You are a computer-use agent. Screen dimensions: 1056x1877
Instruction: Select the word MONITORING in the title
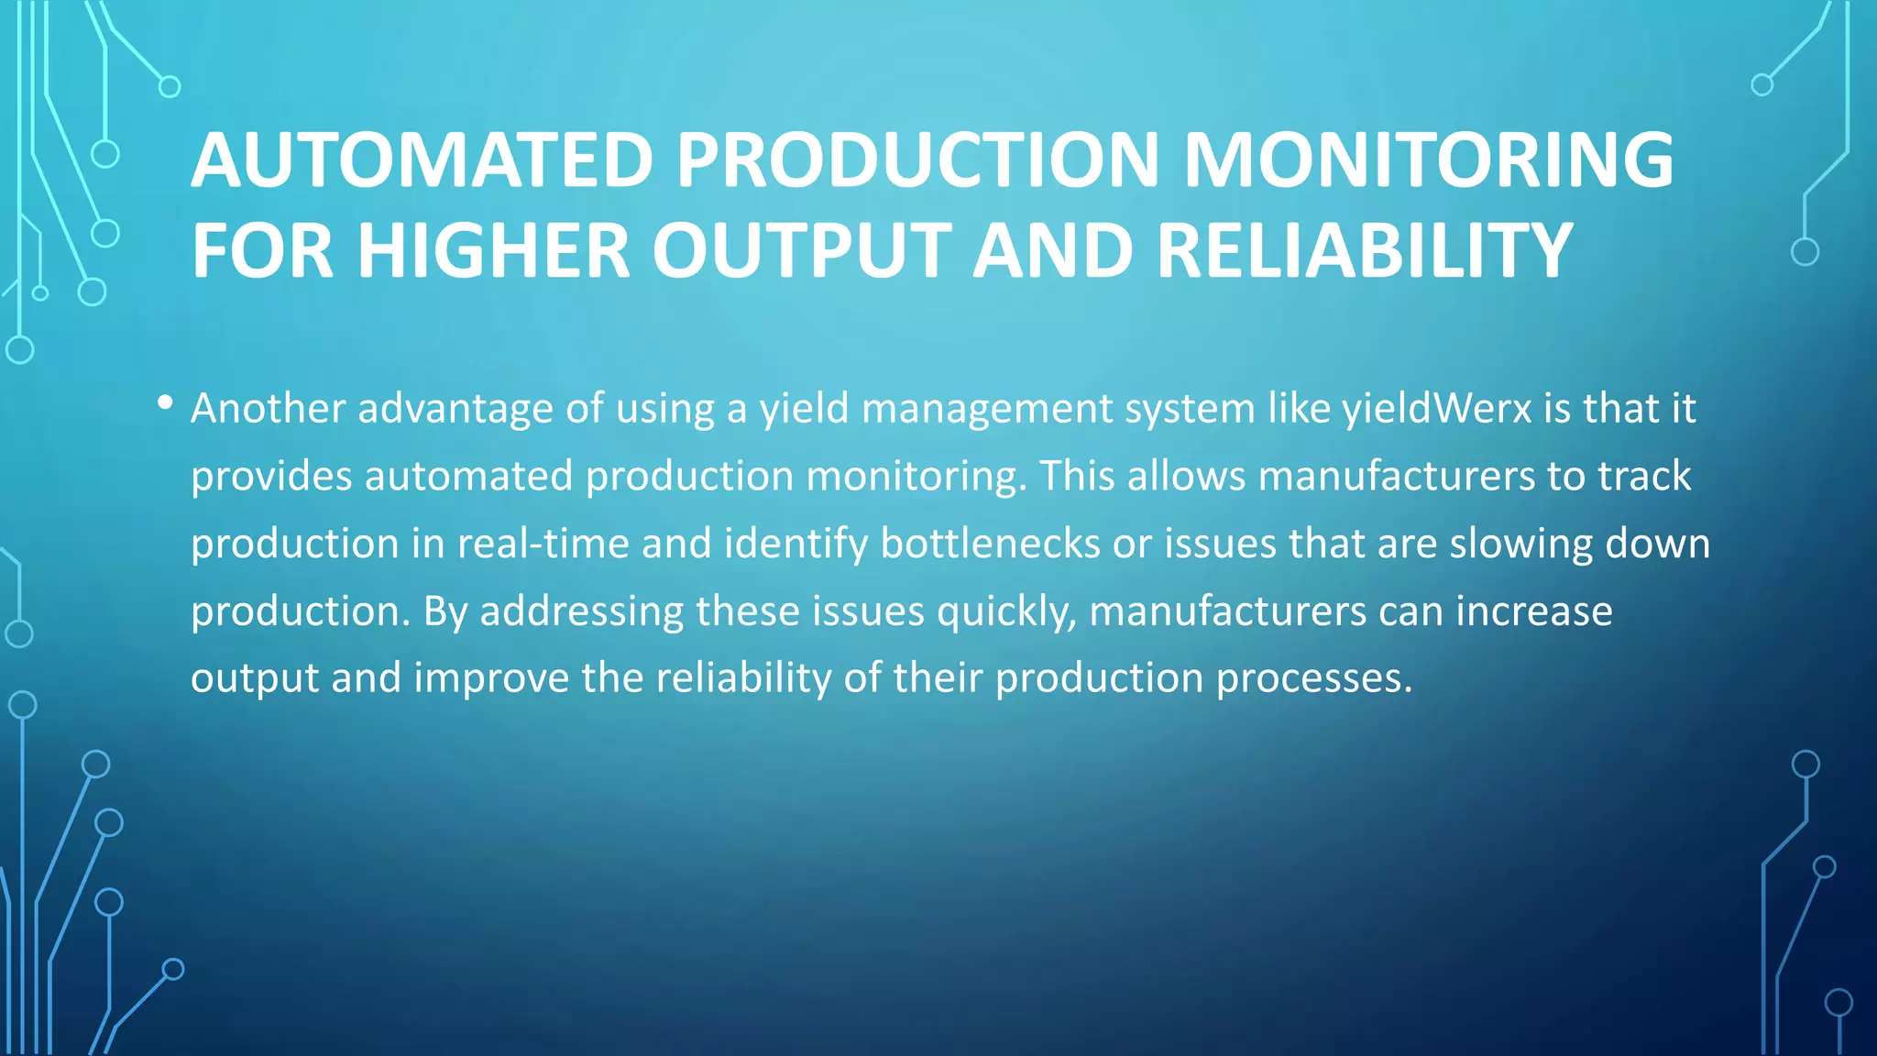click(1428, 160)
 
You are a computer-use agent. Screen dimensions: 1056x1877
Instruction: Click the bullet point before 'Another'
click(165, 403)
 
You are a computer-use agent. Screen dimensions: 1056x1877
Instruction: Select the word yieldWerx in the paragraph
click(1436, 409)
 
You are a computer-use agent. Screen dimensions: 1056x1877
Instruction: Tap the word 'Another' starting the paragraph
click(268, 409)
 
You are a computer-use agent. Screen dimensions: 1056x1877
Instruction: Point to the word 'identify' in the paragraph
click(796, 544)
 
